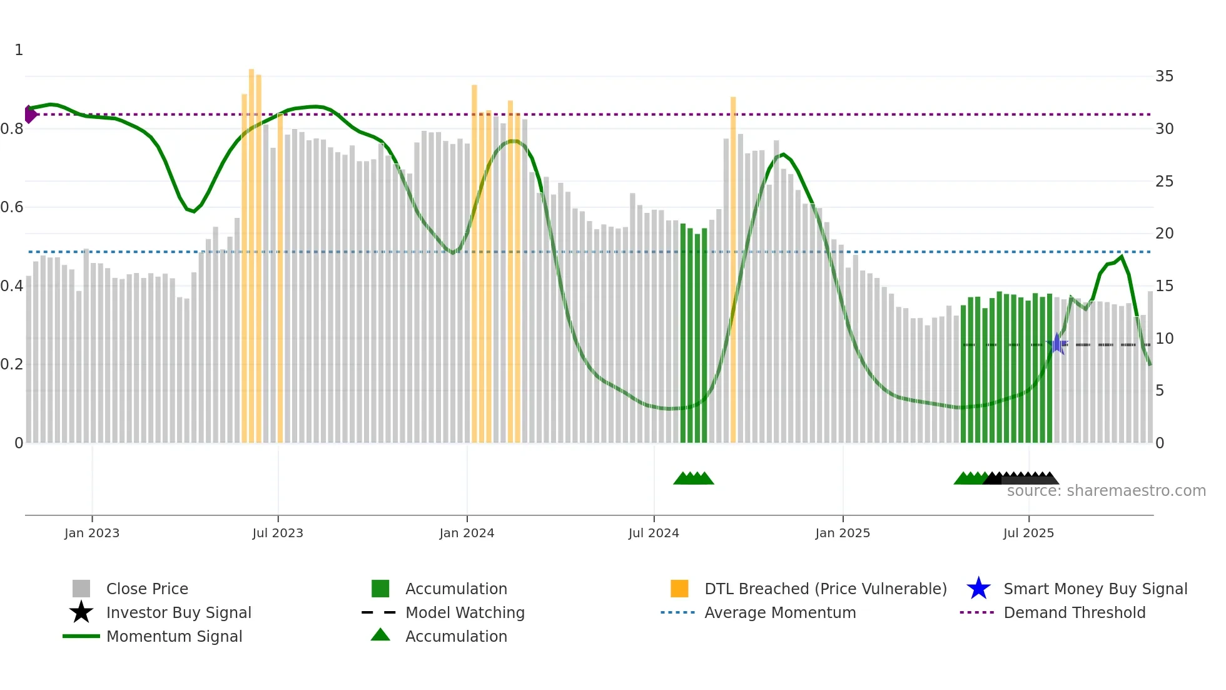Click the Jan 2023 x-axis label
click(x=92, y=533)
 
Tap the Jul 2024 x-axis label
click(x=654, y=533)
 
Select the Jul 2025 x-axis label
click(x=1028, y=533)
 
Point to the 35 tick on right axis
click(x=1164, y=76)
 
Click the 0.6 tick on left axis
click(x=12, y=207)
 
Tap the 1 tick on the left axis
click(x=19, y=50)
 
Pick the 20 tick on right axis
click(x=1164, y=234)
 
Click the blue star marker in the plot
click(x=1056, y=344)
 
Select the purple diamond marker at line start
click(x=29, y=114)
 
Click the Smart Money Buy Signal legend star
click(x=978, y=589)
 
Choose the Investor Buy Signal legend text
click(x=178, y=612)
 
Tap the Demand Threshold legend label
click(x=1074, y=612)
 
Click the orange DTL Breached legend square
click(x=679, y=589)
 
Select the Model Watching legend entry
click(x=464, y=612)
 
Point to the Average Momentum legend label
click(x=779, y=612)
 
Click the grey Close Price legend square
click(x=81, y=589)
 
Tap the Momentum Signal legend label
click(x=174, y=636)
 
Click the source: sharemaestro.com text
click(x=1106, y=491)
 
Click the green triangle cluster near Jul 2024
click(x=693, y=478)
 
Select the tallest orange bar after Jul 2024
click(x=733, y=269)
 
